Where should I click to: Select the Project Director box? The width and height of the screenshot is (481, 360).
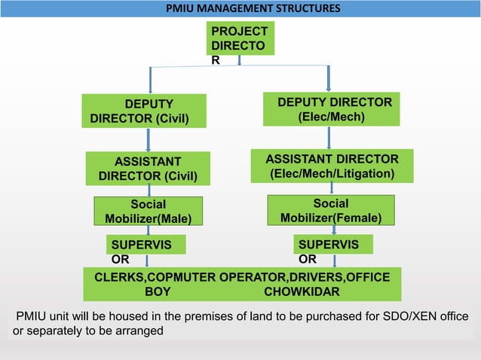(x=239, y=45)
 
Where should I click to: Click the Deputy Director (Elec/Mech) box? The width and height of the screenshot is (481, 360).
(x=332, y=109)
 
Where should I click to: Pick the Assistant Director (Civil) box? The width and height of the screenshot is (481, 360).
(x=147, y=169)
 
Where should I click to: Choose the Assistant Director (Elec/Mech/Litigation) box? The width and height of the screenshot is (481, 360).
(x=332, y=166)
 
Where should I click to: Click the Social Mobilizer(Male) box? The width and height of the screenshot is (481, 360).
(x=148, y=211)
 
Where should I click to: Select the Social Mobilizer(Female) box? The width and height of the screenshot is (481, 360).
(x=331, y=210)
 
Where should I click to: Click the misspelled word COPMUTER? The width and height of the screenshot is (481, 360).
(x=179, y=277)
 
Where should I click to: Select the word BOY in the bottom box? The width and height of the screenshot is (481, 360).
(x=158, y=291)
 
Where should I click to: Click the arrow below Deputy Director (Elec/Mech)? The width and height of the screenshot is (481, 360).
(x=329, y=137)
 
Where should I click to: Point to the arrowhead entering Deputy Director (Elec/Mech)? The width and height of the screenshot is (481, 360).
(x=328, y=86)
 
